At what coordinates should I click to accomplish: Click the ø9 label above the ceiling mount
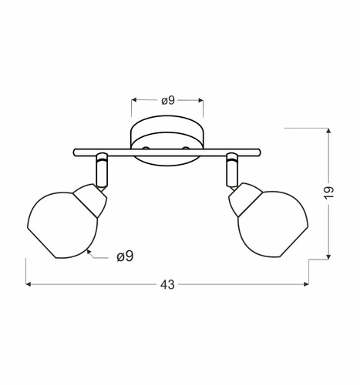pyautogui.click(x=167, y=99)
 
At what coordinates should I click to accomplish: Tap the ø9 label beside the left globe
pyautogui.click(x=125, y=256)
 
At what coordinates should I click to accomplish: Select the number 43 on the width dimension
pyautogui.click(x=167, y=285)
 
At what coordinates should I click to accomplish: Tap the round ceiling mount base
pyautogui.click(x=167, y=139)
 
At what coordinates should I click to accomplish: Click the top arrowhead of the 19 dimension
pyautogui.click(x=329, y=129)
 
